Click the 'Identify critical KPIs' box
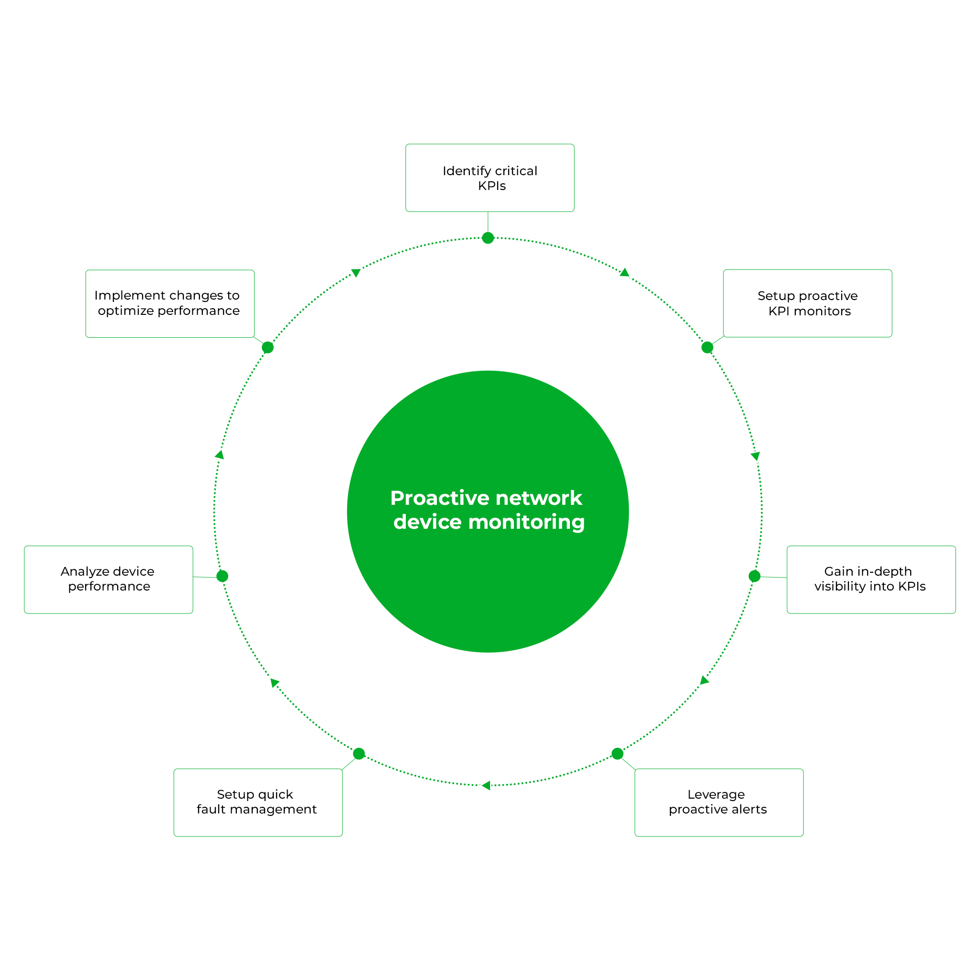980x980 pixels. click(x=490, y=178)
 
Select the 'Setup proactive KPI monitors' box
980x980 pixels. click(x=807, y=303)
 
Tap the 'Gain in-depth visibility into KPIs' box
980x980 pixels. click(x=871, y=579)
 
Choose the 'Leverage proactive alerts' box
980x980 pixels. click(x=719, y=802)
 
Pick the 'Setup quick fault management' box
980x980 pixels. click(x=258, y=802)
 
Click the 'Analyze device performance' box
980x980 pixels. click(x=109, y=579)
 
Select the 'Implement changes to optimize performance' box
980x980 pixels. click(x=169, y=303)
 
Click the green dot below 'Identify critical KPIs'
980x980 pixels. click(x=488, y=238)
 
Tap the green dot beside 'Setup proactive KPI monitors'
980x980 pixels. click(x=707, y=347)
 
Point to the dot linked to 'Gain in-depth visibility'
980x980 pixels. click(x=754, y=576)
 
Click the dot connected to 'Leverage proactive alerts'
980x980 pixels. click(x=617, y=754)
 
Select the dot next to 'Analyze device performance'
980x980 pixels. click(x=222, y=576)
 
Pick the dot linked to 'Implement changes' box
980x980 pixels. click(x=268, y=347)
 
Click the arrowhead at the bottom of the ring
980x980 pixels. click(x=486, y=786)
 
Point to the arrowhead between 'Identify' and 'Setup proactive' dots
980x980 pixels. click(x=624, y=273)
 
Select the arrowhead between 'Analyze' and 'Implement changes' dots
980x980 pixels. click(x=220, y=455)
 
